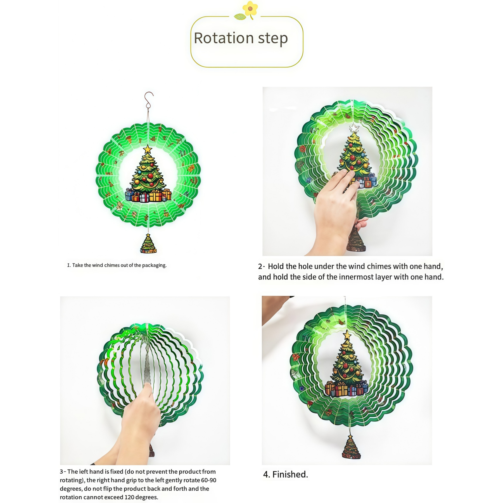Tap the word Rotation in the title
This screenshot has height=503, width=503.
click(x=224, y=38)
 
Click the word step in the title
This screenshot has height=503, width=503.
click(x=273, y=39)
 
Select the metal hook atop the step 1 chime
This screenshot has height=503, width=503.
click(x=149, y=100)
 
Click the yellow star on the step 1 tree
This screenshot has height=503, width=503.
click(x=148, y=149)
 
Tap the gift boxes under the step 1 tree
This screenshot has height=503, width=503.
click(x=148, y=195)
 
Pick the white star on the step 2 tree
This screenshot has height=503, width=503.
click(x=354, y=128)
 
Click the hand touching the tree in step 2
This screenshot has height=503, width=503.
click(x=335, y=210)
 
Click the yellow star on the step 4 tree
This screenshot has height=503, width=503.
click(x=347, y=335)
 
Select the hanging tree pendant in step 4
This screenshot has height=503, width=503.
click(x=351, y=447)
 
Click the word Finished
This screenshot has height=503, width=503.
click(x=290, y=474)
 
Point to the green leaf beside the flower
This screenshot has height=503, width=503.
click(x=240, y=17)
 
